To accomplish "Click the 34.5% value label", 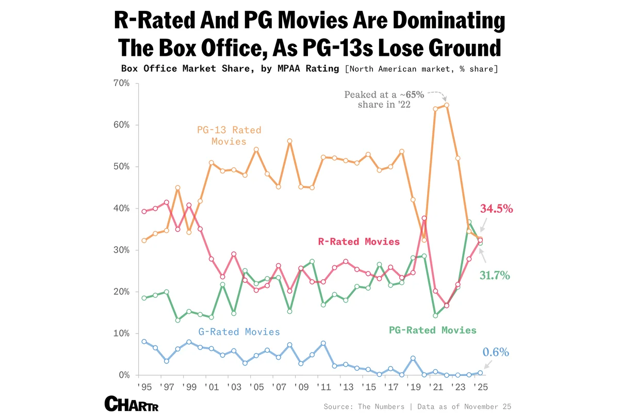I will coord(497,209).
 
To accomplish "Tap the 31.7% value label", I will coord(494,276).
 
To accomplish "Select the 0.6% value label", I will coord(496,353).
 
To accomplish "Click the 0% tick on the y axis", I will coord(123,375).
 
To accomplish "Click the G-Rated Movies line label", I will coord(239,332).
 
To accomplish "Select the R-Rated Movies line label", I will coord(359,241).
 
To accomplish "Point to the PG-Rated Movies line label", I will coord(432,330).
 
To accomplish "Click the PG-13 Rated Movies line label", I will coord(229,135).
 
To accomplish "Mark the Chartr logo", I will coord(131,404).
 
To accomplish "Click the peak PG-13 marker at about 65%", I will coord(446,105).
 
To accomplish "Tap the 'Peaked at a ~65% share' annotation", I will coord(384,100).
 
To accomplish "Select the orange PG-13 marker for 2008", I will coord(289,141).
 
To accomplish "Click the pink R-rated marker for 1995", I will coord(144,211).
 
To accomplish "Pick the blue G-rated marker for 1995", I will coord(144,342).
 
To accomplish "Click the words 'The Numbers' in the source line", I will coord(381,407).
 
